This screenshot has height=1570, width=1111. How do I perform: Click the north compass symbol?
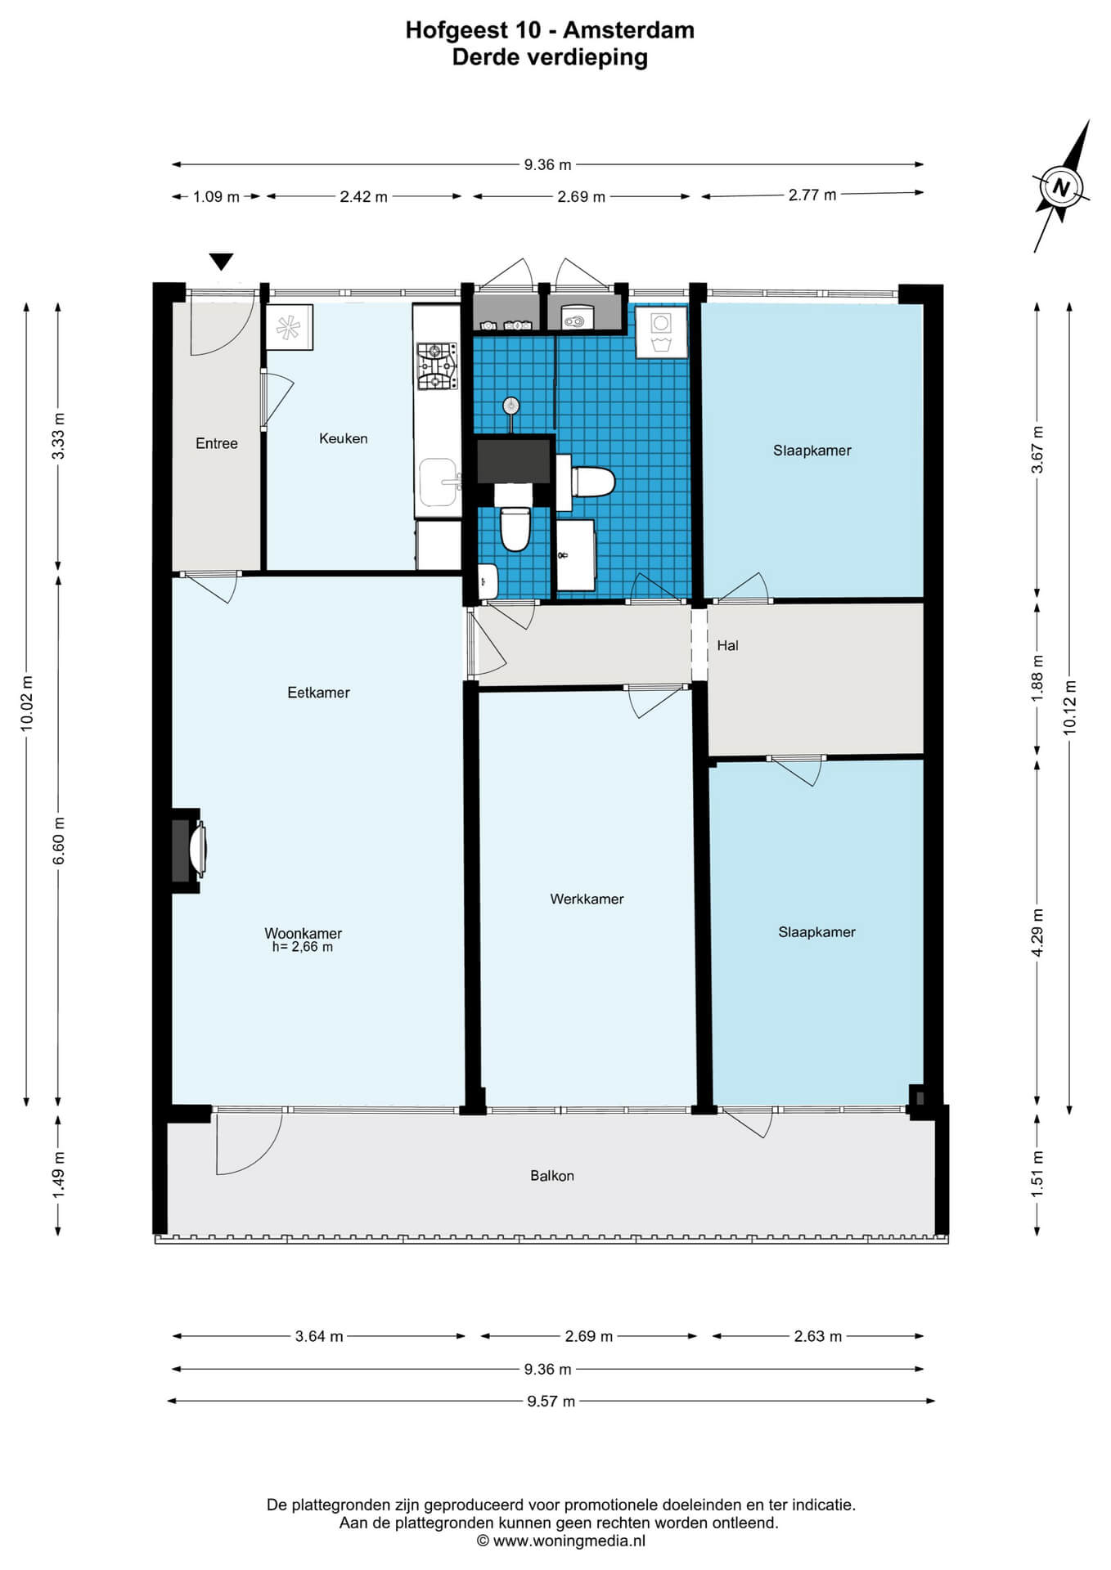tap(1061, 186)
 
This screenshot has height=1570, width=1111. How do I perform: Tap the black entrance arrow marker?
tap(221, 262)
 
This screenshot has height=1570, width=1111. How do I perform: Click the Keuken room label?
tap(343, 438)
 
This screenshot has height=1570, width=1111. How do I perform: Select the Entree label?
tap(217, 443)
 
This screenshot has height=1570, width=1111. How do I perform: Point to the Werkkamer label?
tap(587, 899)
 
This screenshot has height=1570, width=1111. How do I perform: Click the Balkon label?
tap(552, 1175)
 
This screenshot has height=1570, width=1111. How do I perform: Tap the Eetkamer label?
tap(318, 693)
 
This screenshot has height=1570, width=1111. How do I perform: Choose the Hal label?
tap(727, 645)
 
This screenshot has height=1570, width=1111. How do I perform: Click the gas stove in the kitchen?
tap(437, 366)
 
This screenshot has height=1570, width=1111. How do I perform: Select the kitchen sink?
tap(438, 482)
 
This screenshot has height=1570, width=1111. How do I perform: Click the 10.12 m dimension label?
tap(1069, 707)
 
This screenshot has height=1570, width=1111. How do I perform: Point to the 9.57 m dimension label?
tap(551, 1401)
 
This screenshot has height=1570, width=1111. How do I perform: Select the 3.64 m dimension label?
tap(319, 1336)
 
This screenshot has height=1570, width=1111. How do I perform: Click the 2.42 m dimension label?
tap(364, 196)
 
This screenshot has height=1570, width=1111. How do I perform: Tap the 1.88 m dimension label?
tap(1037, 678)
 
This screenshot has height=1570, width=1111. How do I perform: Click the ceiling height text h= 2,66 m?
tap(303, 947)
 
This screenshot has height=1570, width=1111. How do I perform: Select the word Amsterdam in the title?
tap(628, 30)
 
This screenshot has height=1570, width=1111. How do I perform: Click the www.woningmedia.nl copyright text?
tap(561, 1541)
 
